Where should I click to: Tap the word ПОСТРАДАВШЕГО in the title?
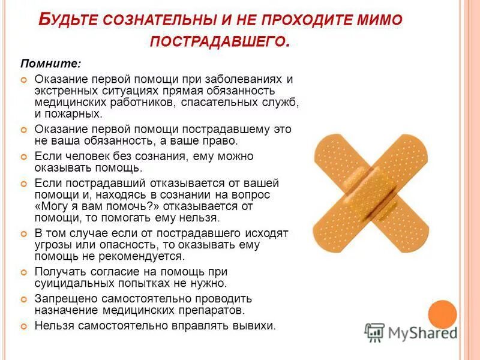pyautogui.click(x=219, y=42)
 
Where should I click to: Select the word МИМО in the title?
pyautogui.click(x=380, y=20)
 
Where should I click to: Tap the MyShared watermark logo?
pyautogui.click(x=411, y=332)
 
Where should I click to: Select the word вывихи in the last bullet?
pyautogui.click(x=259, y=326)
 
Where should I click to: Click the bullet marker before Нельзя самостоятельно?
pyautogui.click(x=24, y=326)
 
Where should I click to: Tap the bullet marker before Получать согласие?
pyautogui.click(x=24, y=272)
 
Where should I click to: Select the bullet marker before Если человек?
pyautogui.click(x=24, y=157)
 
